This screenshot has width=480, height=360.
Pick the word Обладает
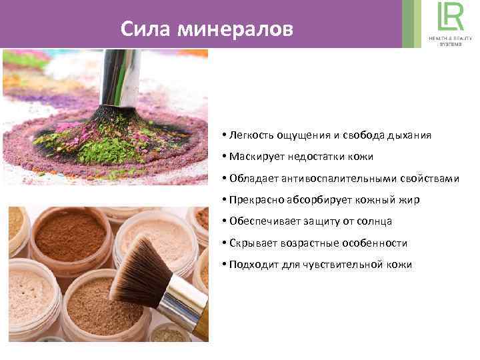pos(253,178)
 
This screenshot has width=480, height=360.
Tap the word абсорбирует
pos(309,200)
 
